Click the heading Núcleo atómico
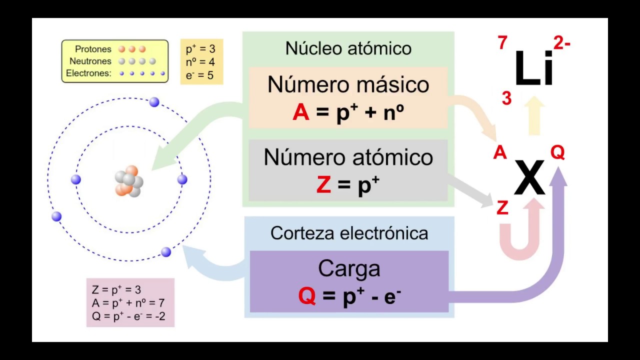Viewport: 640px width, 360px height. click(x=348, y=48)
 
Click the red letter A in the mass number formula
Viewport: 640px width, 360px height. click(x=301, y=113)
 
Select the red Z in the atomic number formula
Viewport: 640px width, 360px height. click(x=323, y=185)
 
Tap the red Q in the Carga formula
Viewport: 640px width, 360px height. click(x=307, y=296)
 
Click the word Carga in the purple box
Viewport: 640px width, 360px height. click(x=349, y=269)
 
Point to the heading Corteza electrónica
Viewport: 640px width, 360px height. click(x=349, y=233)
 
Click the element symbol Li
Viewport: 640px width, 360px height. click(x=534, y=69)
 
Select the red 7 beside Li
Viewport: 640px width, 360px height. click(x=502, y=43)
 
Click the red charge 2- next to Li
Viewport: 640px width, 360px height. click(x=561, y=43)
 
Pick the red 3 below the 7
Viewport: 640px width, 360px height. click(x=506, y=99)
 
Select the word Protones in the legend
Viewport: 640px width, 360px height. click(x=93, y=49)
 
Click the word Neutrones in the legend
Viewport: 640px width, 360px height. click(x=90, y=61)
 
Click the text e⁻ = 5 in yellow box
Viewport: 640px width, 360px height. click(x=199, y=75)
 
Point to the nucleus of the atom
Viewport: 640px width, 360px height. click(x=129, y=181)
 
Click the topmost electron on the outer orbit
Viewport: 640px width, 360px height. click(x=154, y=102)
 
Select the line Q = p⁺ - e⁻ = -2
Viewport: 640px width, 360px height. click(x=128, y=316)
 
